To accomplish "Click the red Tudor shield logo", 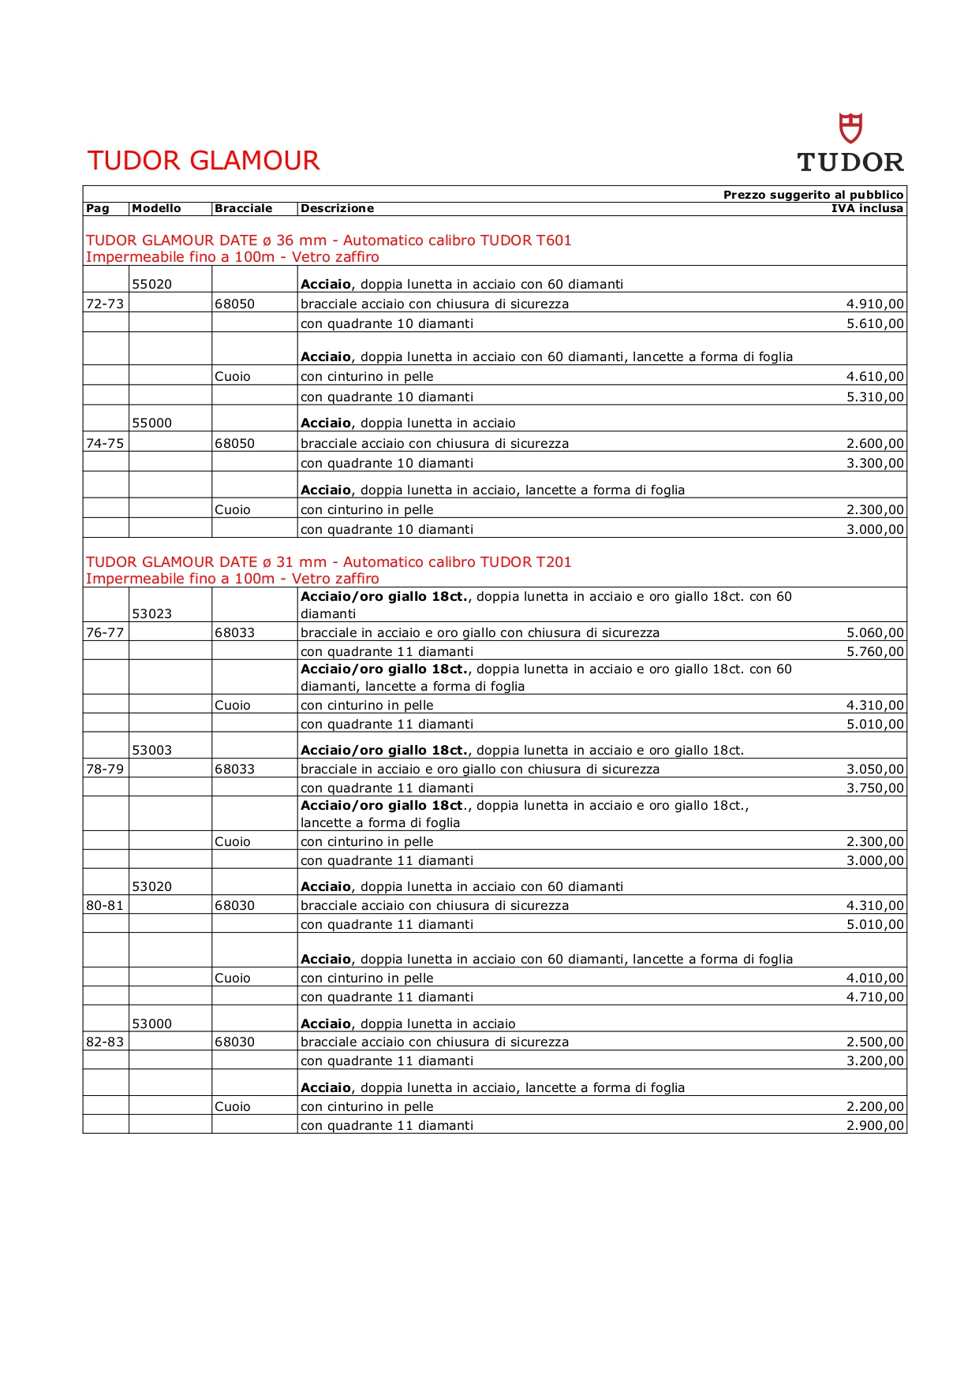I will pyautogui.click(x=850, y=128).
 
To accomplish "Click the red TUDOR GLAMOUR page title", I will pyautogui.click(x=204, y=161).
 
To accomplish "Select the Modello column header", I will pyautogui.click(x=156, y=208).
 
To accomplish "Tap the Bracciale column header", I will pyautogui.click(x=243, y=208).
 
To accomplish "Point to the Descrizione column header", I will pyautogui.click(x=337, y=208).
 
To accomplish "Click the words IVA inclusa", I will pyautogui.click(x=867, y=208).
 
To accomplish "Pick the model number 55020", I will pyautogui.click(x=151, y=284).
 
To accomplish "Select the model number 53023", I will pyautogui.click(x=151, y=613).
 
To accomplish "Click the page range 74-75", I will pyautogui.click(x=105, y=443).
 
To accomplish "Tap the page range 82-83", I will pyautogui.click(x=105, y=1042).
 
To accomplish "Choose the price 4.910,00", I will pyautogui.click(x=875, y=304).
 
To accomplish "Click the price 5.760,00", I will pyautogui.click(x=875, y=651).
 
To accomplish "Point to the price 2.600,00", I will pyautogui.click(x=875, y=443).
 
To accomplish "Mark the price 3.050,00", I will pyautogui.click(x=875, y=769).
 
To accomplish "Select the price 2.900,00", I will pyautogui.click(x=875, y=1125).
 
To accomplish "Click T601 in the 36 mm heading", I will pyautogui.click(x=554, y=240).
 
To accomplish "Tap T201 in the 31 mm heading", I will pyautogui.click(x=554, y=562).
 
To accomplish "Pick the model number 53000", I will pyautogui.click(x=151, y=1023).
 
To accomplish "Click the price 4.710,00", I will pyautogui.click(x=875, y=997).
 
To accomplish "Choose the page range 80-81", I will pyautogui.click(x=105, y=905).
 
